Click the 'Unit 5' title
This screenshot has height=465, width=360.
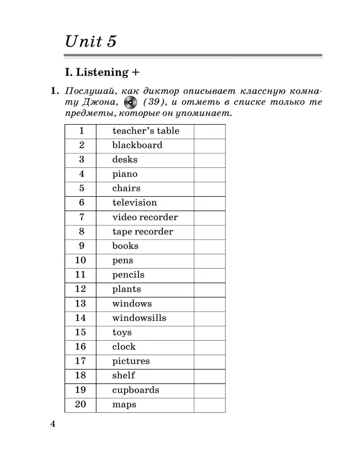coord(91,42)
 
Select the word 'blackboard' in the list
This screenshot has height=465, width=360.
coord(137,145)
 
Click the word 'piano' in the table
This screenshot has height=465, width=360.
coord(125,174)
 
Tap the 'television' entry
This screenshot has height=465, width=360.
coord(135,203)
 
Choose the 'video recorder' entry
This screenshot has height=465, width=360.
coord(145,217)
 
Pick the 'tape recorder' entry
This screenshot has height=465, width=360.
coord(142,232)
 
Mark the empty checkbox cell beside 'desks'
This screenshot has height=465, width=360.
coord(209,160)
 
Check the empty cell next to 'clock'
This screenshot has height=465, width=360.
coord(209,347)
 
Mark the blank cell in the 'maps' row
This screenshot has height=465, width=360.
coord(209,405)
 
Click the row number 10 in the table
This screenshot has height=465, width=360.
coord(80,260)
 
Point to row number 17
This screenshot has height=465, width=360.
coord(80,361)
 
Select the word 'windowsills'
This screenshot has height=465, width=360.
coord(139,318)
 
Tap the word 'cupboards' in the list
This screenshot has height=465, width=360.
coord(136,390)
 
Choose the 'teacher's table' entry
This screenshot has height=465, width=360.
coord(146,131)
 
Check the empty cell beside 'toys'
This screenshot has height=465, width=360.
coord(209,333)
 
